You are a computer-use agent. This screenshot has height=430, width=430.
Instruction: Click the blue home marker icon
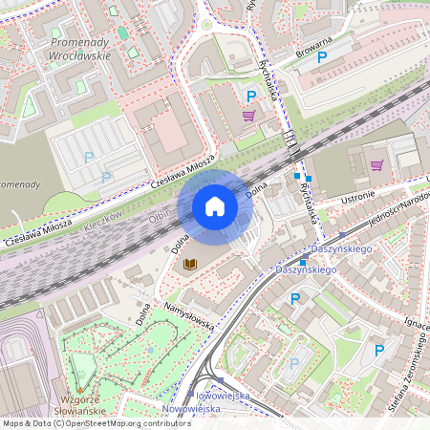click(x=215, y=206)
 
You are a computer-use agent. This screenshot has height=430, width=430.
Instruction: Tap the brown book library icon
click(x=189, y=263)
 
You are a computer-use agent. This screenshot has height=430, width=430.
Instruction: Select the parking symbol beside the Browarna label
click(x=322, y=58)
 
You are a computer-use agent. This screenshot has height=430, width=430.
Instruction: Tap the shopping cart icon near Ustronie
click(x=376, y=164)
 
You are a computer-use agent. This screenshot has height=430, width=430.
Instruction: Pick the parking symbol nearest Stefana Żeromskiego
click(x=378, y=351)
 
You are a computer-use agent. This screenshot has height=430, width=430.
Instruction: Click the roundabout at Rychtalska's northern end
click(x=206, y=25)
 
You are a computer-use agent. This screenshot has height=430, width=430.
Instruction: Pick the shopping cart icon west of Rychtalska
click(x=248, y=116)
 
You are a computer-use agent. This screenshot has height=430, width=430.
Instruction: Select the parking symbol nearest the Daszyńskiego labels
click(x=295, y=299)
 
